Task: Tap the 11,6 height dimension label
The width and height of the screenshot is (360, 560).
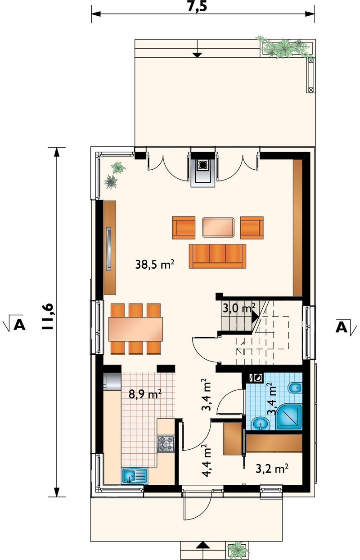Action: (x=47, y=316)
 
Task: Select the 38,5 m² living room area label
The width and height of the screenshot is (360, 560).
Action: (x=155, y=264)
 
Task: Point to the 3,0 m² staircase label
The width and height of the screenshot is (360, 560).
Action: (x=239, y=308)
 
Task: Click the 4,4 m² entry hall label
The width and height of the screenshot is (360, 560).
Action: (x=207, y=461)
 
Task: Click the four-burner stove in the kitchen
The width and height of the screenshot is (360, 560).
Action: (x=166, y=443)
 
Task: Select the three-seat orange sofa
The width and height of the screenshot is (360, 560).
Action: (x=217, y=256)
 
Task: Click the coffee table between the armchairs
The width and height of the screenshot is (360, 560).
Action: (x=219, y=227)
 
